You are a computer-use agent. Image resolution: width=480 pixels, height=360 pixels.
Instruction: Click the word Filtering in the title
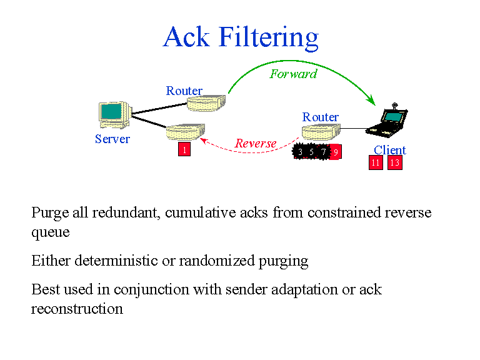[268, 38]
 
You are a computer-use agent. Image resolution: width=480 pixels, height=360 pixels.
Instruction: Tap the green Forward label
[293, 74]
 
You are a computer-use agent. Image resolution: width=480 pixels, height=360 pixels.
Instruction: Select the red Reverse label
[255, 144]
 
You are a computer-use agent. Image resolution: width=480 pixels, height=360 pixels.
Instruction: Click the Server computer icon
[114, 114]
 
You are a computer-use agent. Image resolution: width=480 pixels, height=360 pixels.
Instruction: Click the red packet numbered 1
[185, 150]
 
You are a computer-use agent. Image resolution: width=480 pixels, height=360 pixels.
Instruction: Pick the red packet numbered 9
[336, 152]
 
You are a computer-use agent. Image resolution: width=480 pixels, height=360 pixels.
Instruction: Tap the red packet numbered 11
[375, 162]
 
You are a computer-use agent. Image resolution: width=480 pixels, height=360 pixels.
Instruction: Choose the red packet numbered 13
[394, 162]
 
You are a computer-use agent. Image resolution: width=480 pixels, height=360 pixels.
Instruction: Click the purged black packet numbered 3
[301, 152]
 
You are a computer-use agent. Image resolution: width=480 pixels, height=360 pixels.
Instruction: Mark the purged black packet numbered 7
[323, 152]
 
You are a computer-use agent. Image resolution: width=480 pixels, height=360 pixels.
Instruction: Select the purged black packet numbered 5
[312, 152]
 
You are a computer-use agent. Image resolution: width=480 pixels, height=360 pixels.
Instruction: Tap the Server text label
[112, 139]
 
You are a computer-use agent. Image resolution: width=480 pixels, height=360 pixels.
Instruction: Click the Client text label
[390, 150]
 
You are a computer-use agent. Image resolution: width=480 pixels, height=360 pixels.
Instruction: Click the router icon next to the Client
[321, 132]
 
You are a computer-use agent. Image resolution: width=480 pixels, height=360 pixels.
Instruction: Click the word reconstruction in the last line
[77, 308]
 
